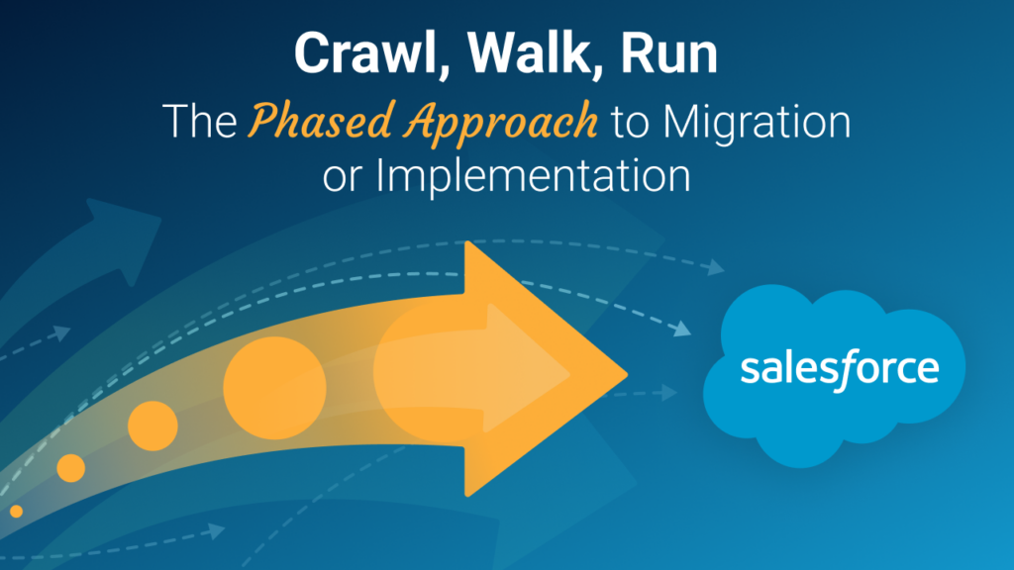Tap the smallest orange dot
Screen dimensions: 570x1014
click(16, 511)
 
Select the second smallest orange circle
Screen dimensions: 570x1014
click(71, 468)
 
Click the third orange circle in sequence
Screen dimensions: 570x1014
click(152, 427)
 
